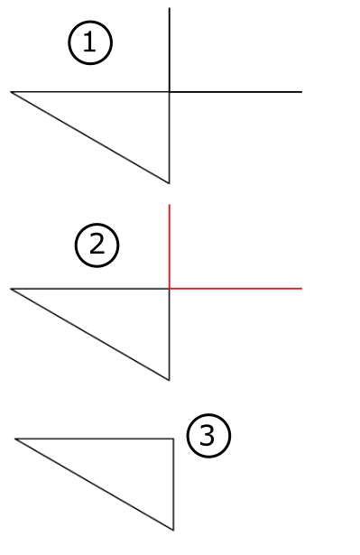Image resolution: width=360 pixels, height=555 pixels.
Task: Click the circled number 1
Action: tap(90, 43)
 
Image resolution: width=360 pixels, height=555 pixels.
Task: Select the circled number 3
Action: tap(208, 437)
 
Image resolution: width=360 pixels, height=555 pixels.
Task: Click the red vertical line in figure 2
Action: tap(170, 244)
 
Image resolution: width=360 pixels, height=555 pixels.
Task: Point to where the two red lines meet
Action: tap(170, 289)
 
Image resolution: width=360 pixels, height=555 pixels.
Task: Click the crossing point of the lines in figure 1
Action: tap(170, 92)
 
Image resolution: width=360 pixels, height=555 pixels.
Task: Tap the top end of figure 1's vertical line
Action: tap(170, 8)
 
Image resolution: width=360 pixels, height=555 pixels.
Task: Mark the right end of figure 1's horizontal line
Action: tap(300, 92)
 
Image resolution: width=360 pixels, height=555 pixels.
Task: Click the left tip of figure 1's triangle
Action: tap(12, 92)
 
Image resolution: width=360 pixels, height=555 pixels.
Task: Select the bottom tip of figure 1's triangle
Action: tap(170, 182)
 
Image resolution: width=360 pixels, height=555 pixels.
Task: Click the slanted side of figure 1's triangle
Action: tap(90, 137)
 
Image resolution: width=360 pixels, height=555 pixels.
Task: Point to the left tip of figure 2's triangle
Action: tap(12, 289)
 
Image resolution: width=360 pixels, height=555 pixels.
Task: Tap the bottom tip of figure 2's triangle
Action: tap(170, 380)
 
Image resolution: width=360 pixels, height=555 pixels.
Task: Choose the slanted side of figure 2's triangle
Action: tap(90, 334)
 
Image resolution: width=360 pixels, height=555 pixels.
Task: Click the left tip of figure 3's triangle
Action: tap(15, 439)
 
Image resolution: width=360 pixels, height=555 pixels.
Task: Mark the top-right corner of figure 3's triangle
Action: tap(173, 439)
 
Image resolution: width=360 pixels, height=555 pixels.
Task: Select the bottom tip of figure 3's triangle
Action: tap(173, 530)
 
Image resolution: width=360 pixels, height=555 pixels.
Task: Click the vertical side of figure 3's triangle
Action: tap(173, 483)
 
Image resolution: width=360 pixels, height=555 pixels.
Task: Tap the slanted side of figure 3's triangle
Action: tap(94, 484)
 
